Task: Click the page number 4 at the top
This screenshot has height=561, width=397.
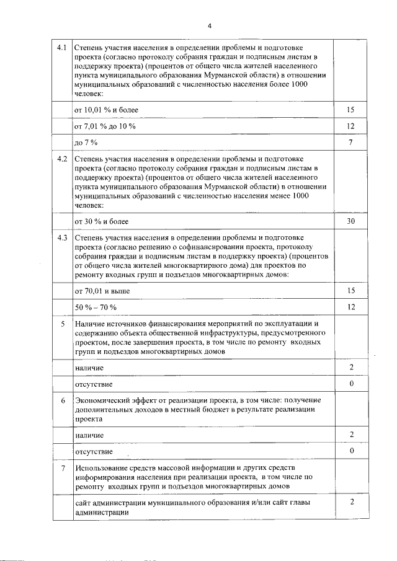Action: coord(210,25)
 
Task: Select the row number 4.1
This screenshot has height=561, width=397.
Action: coord(61,48)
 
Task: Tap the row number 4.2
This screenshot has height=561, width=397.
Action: coord(61,159)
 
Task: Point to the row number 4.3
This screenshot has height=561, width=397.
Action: coord(61,237)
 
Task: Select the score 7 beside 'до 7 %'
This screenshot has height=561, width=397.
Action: coord(350,143)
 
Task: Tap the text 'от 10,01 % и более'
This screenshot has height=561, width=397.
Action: coord(106,110)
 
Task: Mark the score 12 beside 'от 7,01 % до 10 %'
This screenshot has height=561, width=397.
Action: coord(350,126)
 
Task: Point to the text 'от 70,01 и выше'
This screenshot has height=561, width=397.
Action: coord(102,290)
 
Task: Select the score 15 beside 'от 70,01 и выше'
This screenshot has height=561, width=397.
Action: coord(350,289)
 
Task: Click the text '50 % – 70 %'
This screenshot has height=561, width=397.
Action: coord(96,307)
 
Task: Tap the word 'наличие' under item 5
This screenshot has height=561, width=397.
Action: coord(89,368)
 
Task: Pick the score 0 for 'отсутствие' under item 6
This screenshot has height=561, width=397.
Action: coord(350,451)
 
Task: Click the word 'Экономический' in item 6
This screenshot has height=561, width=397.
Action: coord(102,401)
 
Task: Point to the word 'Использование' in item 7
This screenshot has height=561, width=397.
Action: coord(103,467)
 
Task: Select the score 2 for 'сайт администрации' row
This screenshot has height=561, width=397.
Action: coord(350,502)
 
